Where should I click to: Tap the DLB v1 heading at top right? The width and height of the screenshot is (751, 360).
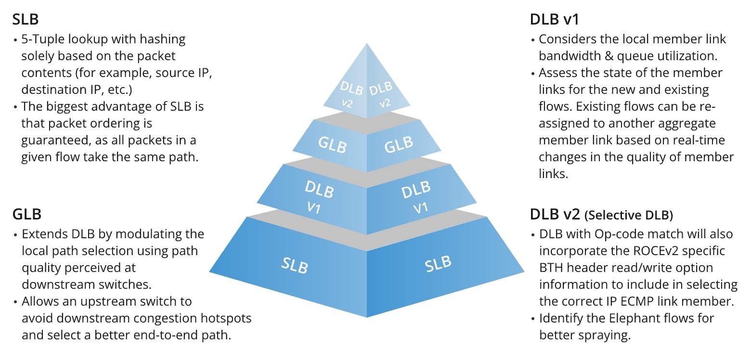pos(554,20)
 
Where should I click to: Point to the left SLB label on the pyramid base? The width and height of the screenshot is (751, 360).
pos(295,265)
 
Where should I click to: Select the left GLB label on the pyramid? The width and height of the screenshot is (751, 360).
pos(332,144)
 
